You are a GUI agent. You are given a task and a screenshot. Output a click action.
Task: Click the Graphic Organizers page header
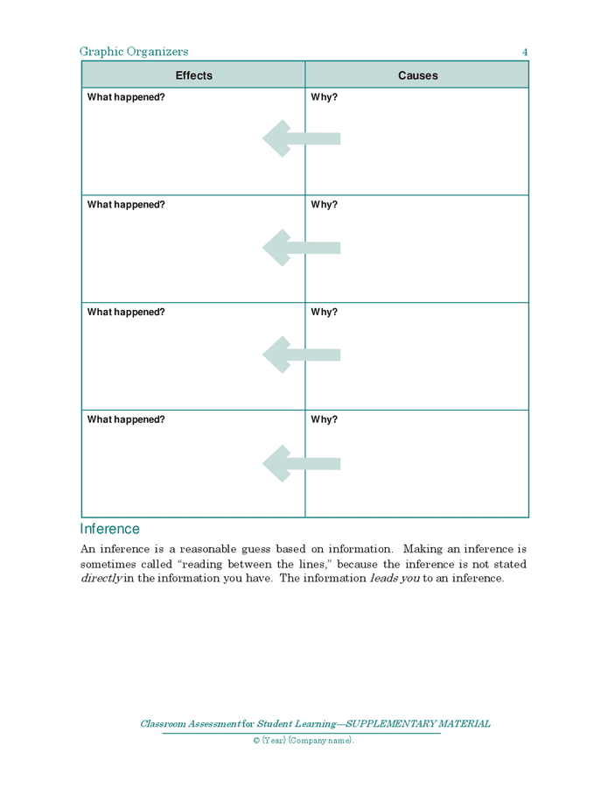click(134, 52)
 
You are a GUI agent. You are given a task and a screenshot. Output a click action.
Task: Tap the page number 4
click(525, 53)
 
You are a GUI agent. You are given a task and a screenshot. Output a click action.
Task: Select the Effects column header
click(193, 75)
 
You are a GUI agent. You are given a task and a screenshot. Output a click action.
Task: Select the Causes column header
click(417, 75)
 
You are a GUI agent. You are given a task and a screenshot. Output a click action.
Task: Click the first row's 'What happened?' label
click(126, 97)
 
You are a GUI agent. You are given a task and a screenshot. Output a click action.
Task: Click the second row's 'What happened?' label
click(126, 205)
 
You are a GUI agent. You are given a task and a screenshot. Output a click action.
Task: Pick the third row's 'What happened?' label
click(126, 313)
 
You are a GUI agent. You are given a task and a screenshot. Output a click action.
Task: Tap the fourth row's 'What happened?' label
click(126, 420)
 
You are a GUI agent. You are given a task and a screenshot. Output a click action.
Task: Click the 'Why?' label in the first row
click(324, 97)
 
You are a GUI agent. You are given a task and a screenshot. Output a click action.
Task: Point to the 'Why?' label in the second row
click(324, 205)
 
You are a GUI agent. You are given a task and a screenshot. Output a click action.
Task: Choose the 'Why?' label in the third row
click(324, 313)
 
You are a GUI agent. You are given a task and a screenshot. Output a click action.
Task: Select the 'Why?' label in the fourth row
click(324, 420)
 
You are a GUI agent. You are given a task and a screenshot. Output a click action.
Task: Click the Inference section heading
click(109, 529)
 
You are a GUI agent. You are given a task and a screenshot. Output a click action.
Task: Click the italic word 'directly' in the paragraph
click(101, 579)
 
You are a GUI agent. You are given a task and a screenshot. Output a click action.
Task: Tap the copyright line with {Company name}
click(304, 741)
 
